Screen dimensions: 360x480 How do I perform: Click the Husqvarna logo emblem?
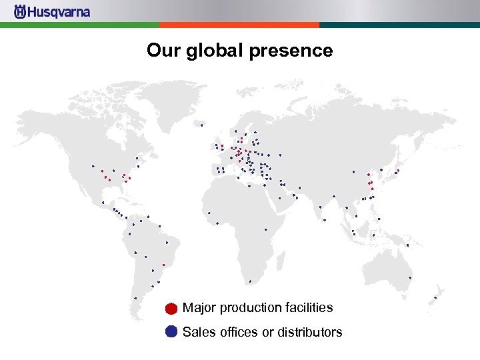click(x=20, y=12)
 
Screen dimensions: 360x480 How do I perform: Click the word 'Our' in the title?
click(x=163, y=51)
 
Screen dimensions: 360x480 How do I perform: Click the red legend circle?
click(x=171, y=309)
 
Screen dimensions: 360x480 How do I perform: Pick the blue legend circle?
click(x=171, y=332)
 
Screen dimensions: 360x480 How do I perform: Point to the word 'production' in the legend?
click(x=250, y=308)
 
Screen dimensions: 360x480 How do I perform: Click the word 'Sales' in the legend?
click(x=198, y=332)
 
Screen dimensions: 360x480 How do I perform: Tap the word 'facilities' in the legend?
click(x=307, y=308)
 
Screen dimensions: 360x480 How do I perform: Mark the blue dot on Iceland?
click(x=201, y=125)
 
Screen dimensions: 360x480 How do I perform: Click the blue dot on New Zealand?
click(x=435, y=297)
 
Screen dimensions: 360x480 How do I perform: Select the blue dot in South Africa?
click(x=250, y=281)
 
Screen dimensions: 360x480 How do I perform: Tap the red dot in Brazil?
click(x=164, y=265)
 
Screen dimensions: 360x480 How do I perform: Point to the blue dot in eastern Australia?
click(x=410, y=277)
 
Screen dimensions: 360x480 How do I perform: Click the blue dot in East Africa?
click(x=265, y=229)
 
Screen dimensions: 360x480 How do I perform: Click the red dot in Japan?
click(x=398, y=171)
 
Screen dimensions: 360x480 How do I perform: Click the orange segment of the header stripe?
click(x=239, y=25)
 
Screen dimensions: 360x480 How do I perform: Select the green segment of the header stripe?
click(x=79, y=25)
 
